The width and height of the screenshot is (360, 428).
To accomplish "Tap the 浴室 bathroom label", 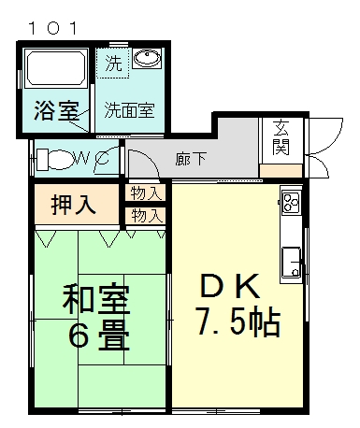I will [55, 109].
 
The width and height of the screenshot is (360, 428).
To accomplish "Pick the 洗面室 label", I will [129, 109].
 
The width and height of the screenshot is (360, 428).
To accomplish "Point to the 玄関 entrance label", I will [279, 136].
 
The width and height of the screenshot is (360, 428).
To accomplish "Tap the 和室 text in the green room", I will [95, 301].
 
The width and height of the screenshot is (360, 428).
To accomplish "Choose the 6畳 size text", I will [95, 336].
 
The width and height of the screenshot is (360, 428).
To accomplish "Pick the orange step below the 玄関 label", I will [279, 171].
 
